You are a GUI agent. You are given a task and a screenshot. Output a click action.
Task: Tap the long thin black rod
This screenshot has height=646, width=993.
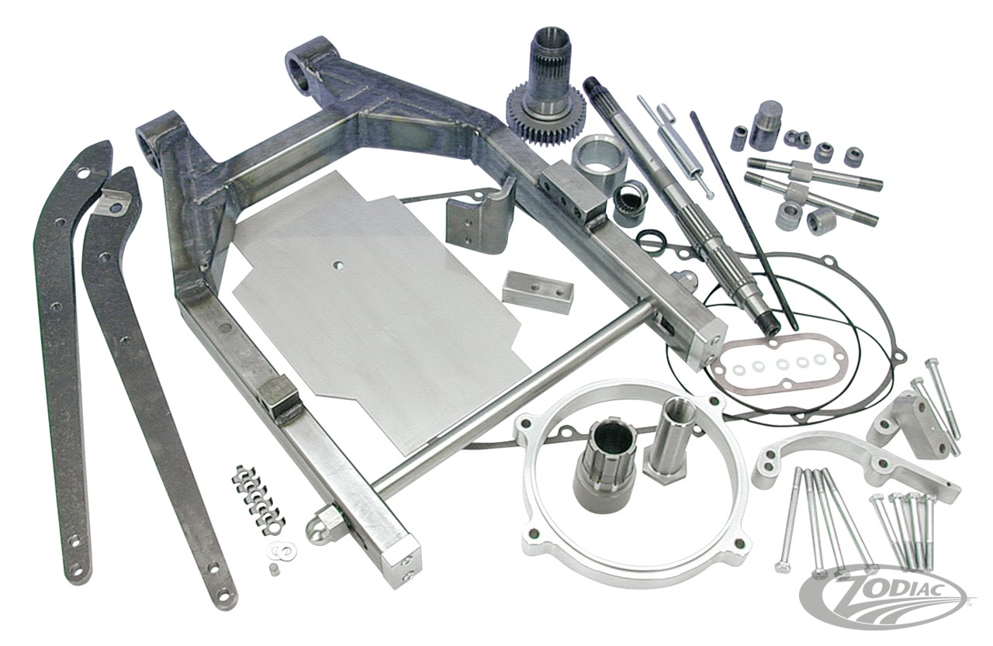click(x=742, y=217)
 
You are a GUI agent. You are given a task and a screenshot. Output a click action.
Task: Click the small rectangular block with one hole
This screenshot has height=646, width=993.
click(x=537, y=291)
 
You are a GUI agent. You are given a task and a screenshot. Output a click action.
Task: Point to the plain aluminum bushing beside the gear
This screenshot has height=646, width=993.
click(x=599, y=160)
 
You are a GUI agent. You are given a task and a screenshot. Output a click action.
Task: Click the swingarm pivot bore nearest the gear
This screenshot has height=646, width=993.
click(x=305, y=67)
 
